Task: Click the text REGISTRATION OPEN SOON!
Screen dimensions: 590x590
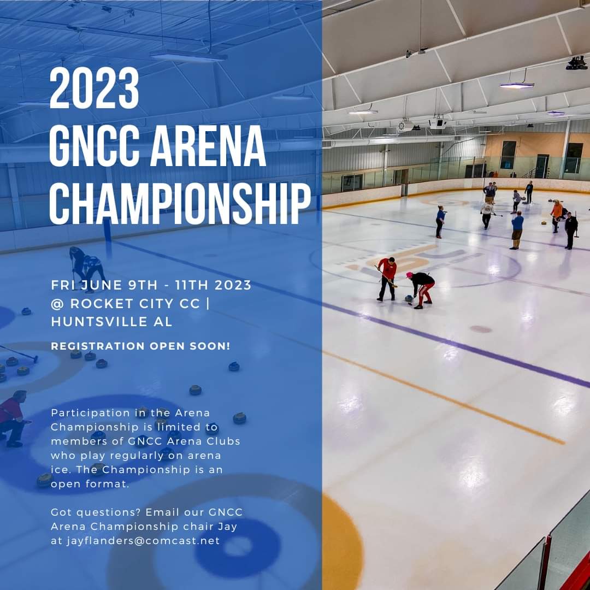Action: pos(140,346)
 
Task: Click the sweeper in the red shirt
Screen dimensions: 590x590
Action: pos(388,278)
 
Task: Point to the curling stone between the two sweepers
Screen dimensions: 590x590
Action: pos(408,299)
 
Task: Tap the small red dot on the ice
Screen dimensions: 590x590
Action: pos(481,329)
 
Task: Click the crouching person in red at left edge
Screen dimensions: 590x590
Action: pos(12,418)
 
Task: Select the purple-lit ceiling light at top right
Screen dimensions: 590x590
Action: pos(516,85)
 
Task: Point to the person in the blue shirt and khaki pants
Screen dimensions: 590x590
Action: pos(516,229)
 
